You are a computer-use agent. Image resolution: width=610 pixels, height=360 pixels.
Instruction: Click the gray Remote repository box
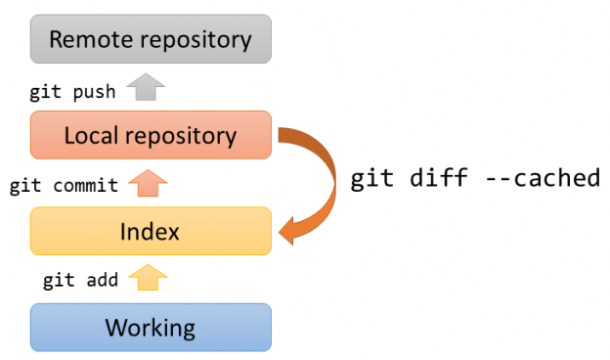151,39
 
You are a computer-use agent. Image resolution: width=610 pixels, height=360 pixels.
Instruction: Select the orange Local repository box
151,135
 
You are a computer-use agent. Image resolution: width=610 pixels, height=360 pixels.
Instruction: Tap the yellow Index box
151,231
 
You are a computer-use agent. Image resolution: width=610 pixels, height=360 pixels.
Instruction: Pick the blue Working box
151,327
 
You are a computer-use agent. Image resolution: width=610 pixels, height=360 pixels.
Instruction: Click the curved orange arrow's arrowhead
291,232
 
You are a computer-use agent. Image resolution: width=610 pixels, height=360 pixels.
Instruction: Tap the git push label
73,92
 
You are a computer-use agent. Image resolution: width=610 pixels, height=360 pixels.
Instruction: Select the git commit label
64,186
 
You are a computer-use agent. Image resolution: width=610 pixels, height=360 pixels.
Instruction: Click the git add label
80,281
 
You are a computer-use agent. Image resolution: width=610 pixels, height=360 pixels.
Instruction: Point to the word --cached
548,180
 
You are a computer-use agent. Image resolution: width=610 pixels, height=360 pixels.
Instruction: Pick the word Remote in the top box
90,39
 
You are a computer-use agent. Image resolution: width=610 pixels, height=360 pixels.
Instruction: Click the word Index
151,231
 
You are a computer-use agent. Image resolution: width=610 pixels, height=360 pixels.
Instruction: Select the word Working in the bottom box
151,327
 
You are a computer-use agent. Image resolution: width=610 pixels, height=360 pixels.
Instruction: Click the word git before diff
373,180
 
